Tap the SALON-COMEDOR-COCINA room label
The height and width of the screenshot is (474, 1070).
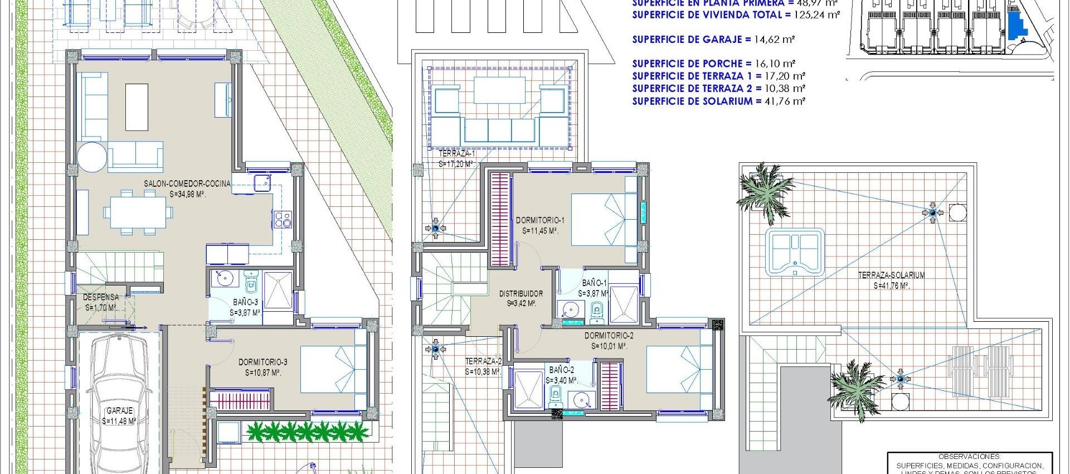point(187,183)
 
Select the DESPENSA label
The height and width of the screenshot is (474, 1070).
point(101,297)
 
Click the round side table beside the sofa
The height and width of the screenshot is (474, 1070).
point(92,157)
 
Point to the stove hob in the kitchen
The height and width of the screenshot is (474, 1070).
point(283,219)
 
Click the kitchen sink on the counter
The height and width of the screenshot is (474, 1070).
point(262,182)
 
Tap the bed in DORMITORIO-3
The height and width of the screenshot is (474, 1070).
point(333,369)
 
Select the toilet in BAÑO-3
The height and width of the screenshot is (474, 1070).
point(251,283)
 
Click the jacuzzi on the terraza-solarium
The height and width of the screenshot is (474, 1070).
point(795,251)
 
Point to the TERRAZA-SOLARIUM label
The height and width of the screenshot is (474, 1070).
point(891,275)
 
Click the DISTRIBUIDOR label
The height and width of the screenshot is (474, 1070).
point(521,293)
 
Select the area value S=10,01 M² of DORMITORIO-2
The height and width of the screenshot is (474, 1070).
point(609,346)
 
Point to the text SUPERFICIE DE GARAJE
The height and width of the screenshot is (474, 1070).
point(687,39)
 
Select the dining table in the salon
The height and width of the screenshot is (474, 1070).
point(138,212)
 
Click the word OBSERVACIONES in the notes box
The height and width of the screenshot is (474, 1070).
point(969,456)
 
